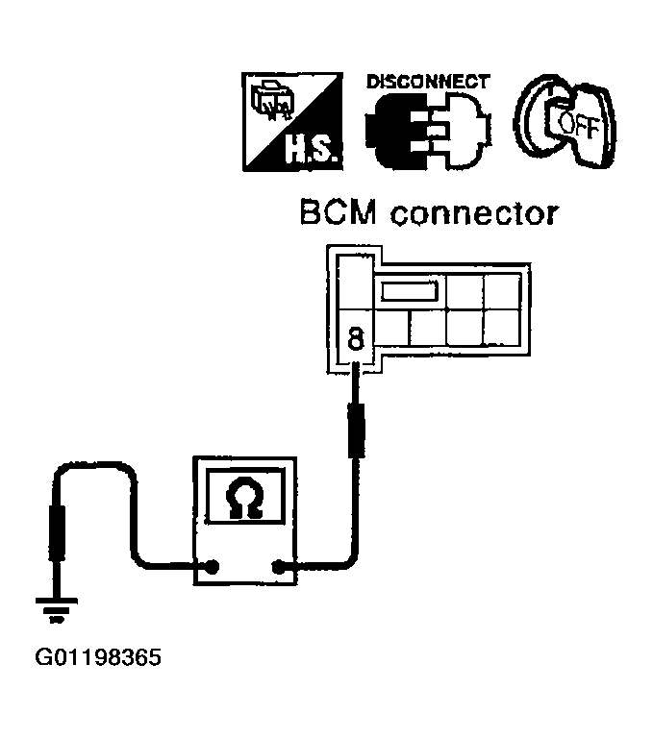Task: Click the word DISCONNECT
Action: (428, 82)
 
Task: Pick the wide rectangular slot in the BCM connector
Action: (412, 290)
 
